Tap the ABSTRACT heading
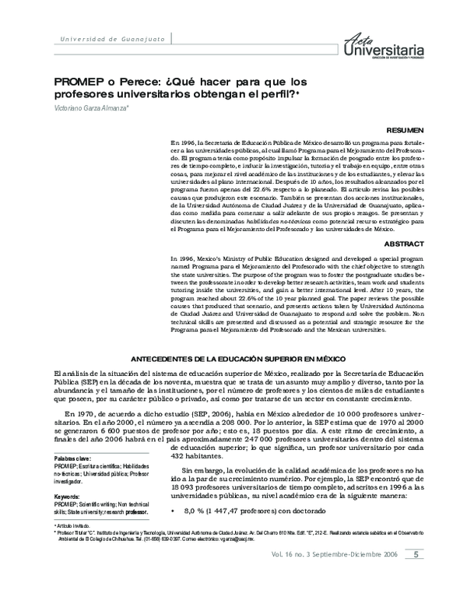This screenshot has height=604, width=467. coord(404,244)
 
